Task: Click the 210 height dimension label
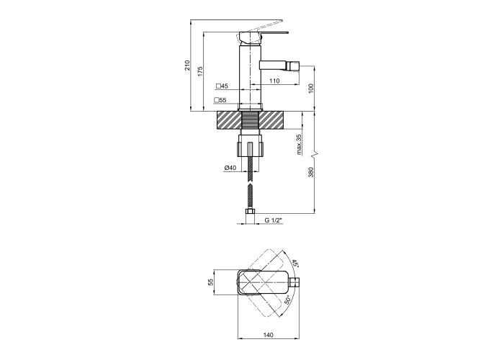(187, 66)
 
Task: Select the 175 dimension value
(200, 71)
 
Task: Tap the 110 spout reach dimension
(274, 81)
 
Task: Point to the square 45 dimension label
(222, 86)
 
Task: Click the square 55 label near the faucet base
(220, 100)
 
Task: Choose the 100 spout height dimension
(310, 89)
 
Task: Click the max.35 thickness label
(299, 145)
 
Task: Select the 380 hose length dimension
(310, 172)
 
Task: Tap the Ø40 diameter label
(230, 168)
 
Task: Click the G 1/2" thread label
(273, 220)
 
